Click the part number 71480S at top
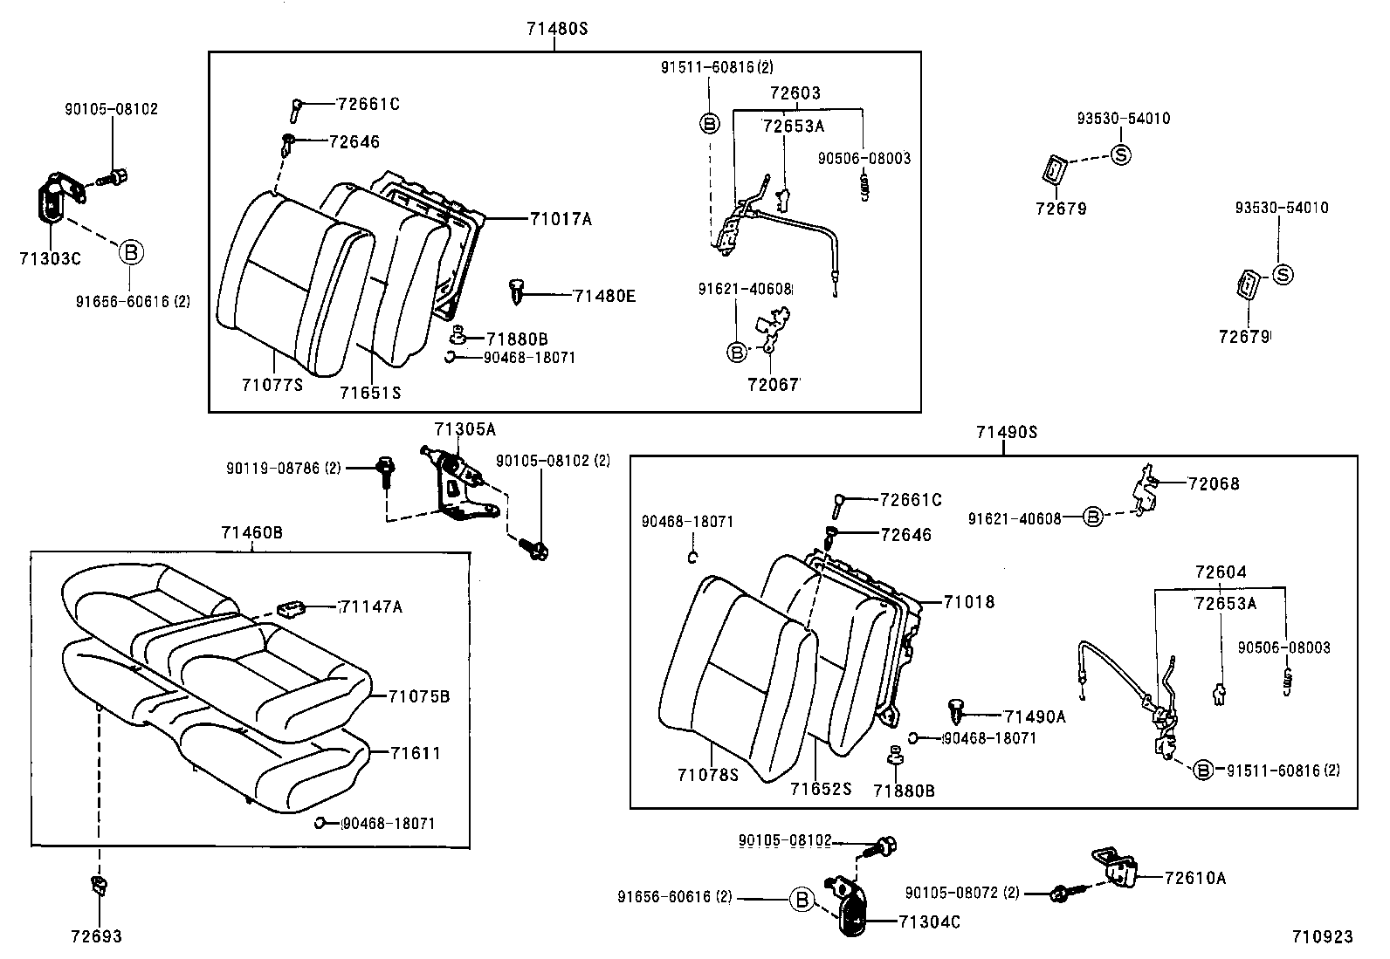coord(557,28)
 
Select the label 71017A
coord(560,219)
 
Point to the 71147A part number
coord(371,606)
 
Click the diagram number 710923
coord(1323,936)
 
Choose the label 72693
coord(96,936)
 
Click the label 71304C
coord(929,921)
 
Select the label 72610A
coord(1194,878)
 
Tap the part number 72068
coord(1213,483)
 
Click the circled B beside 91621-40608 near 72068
coord(1092,517)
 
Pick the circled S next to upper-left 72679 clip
coord(1121,154)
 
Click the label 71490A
coord(1035,716)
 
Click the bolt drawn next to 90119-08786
coord(384,469)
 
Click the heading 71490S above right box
coord(1006,432)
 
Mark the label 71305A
coord(464,428)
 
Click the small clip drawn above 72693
coord(98,887)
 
